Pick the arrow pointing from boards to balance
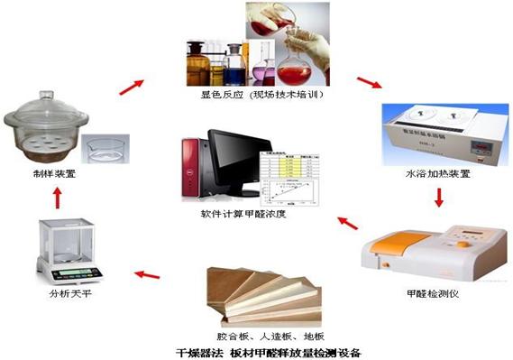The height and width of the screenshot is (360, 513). point(147,270)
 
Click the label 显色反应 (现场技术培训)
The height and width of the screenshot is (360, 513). point(262,94)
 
